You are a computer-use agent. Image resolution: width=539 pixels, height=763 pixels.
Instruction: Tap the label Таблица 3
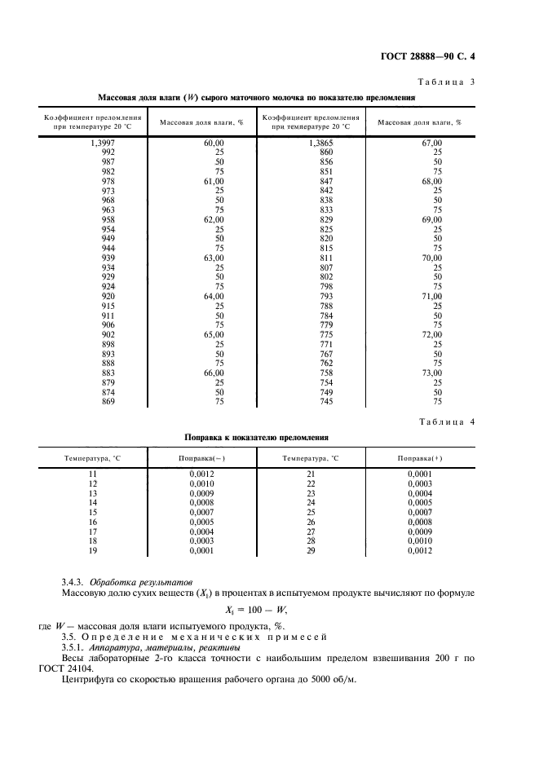click(452, 82)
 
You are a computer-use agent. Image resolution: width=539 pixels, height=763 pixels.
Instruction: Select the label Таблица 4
click(452, 421)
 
